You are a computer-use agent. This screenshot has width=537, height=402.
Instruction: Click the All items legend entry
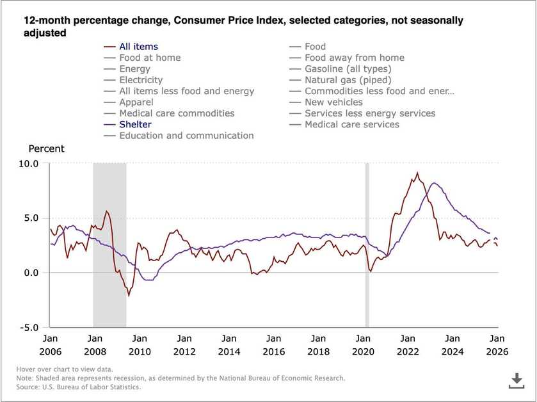coord(138,47)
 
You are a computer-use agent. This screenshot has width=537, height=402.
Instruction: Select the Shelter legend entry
coord(135,124)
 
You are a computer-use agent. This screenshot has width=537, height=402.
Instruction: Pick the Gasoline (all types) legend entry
coord(348,68)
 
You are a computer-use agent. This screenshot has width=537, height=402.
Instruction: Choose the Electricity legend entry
coord(141,80)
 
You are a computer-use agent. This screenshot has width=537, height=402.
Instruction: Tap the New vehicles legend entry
coord(333,102)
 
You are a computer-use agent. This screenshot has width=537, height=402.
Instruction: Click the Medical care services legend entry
coord(351,124)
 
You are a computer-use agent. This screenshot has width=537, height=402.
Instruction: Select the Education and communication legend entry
coord(186,136)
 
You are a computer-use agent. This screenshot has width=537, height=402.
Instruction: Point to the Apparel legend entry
coord(136,102)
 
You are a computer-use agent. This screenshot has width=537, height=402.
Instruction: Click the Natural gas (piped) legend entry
coord(348,80)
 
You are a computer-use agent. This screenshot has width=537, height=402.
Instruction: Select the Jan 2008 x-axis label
coord(95,344)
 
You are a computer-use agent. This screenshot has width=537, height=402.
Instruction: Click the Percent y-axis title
coord(47,149)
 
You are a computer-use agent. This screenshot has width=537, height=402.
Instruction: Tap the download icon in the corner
coord(516,382)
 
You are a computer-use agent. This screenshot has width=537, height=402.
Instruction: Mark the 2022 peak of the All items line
coord(417,173)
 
